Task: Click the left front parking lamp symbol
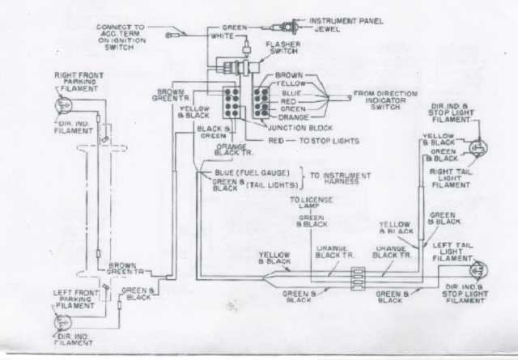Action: (60, 320)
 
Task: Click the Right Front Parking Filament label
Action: (76, 82)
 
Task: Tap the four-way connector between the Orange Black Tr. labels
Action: (357, 277)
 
